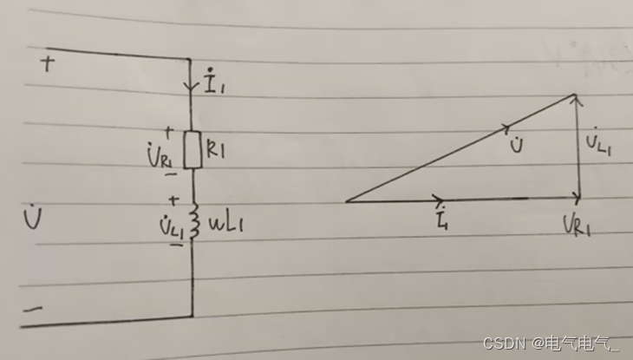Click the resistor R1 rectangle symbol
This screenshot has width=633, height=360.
click(x=193, y=149)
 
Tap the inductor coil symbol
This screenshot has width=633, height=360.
click(x=194, y=220)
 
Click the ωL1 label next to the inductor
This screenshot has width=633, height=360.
click(x=225, y=224)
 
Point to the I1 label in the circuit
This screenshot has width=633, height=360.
click(x=213, y=82)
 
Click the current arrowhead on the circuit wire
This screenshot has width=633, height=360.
click(x=191, y=86)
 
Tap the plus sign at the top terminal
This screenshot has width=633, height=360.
click(x=48, y=64)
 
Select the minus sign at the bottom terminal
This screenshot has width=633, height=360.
click(x=33, y=310)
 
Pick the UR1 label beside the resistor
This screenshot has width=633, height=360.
click(x=161, y=157)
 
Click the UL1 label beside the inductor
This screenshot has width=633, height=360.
click(x=172, y=226)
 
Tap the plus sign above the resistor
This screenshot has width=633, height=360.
click(x=169, y=133)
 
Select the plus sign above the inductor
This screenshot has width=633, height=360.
click(x=173, y=200)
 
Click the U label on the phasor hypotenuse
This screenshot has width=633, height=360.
click(x=517, y=144)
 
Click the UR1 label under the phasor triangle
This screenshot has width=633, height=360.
click(x=578, y=225)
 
